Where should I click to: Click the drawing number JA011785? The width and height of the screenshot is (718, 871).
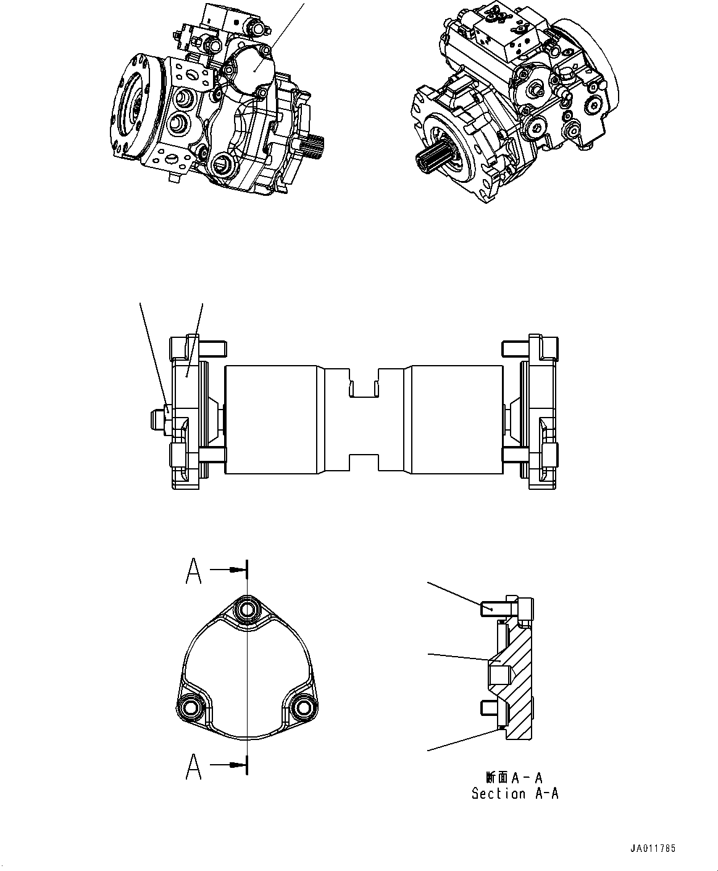653,848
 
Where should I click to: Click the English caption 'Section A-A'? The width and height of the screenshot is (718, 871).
515,794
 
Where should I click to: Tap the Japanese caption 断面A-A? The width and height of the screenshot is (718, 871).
514,778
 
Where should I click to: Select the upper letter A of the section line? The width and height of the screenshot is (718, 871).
194,571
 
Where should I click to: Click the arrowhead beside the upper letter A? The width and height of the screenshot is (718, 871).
234,570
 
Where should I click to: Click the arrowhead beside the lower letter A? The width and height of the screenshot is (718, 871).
234,765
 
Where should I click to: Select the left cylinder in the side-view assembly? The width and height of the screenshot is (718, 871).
272,419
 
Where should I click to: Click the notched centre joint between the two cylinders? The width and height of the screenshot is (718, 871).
364,420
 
